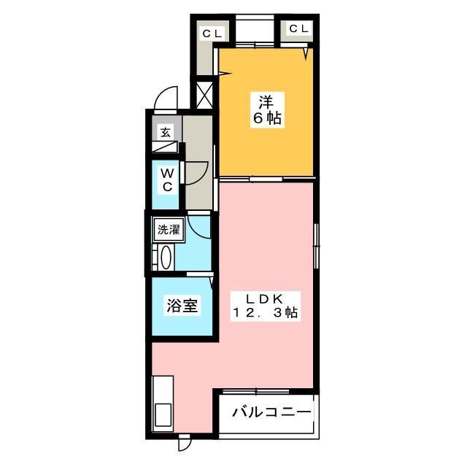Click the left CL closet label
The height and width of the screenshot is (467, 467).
click(x=212, y=33)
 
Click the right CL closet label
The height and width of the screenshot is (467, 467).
click(x=299, y=29)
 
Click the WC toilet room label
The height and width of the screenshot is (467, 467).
click(x=166, y=180)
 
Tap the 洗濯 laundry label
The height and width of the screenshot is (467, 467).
click(x=168, y=229)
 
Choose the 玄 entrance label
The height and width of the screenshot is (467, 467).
click(x=166, y=133)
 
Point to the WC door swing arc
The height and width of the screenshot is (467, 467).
click(x=198, y=172)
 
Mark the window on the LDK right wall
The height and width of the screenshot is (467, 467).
click(x=316, y=246)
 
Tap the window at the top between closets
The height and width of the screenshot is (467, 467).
click(x=257, y=33)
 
